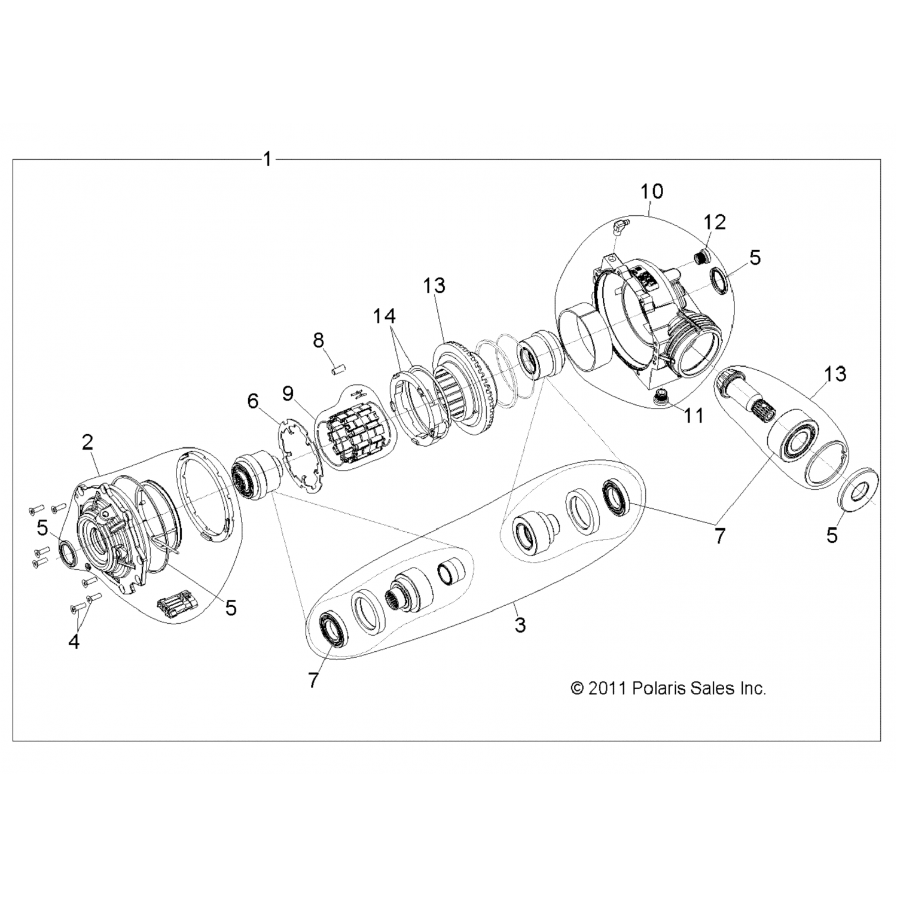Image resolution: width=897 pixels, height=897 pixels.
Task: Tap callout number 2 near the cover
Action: coord(87,443)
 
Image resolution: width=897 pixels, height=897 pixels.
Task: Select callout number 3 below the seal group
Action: coord(520,626)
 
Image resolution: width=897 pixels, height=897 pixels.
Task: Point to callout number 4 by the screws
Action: coord(74,642)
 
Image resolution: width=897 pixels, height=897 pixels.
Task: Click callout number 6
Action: coord(253,401)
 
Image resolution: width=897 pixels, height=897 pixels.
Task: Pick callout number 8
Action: coord(318,340)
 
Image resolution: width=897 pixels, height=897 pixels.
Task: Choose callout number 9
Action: coord(288,393)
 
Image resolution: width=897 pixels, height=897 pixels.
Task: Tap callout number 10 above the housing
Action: coord(652,191)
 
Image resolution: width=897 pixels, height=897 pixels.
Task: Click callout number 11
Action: coord(694,415)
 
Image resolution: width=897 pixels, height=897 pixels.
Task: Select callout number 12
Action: coord(715,222)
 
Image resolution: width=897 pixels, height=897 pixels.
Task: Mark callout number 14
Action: coord(385,315)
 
